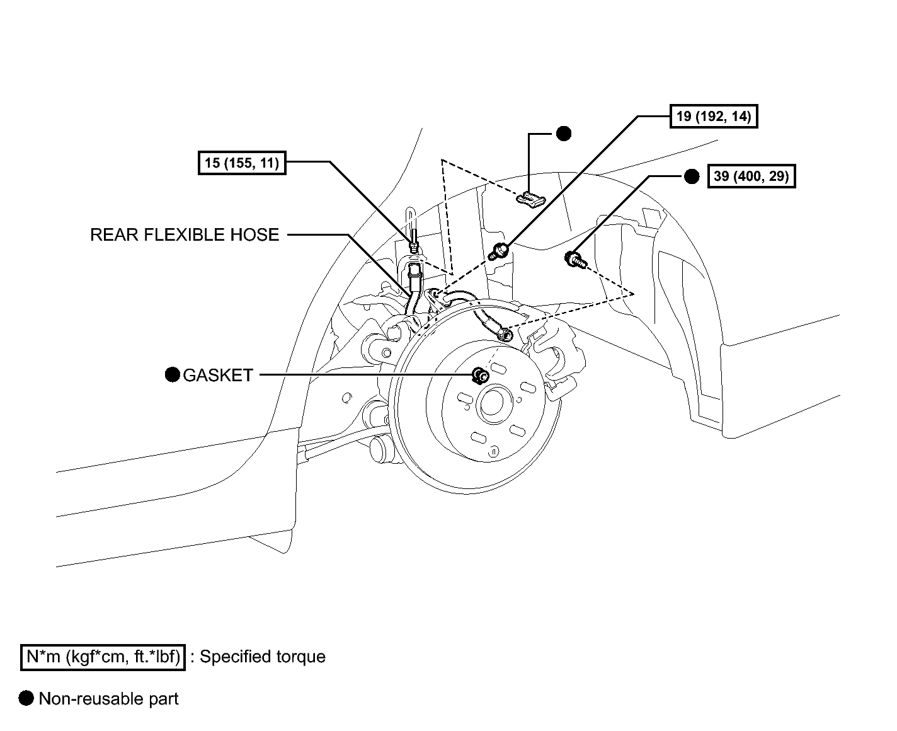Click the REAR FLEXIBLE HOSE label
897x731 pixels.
(x=185, y=234)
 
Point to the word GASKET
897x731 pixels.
(x=218, y=375)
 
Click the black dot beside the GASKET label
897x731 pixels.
(x=172, y=374)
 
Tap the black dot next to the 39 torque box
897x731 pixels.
(x=692, y=176)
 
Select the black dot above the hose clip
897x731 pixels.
(x=564, y=134)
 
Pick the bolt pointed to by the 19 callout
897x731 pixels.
(x=499, y=251)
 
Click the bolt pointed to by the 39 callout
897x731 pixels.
(x=576, y=259)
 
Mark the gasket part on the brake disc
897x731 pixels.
(x=479, y=375)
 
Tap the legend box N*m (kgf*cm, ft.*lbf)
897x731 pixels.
(x=103, y=657)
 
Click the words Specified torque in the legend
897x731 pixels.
(x=263, y=657)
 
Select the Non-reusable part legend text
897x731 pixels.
(x=108, y=699)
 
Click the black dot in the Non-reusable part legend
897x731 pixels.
(x=26, y=698)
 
